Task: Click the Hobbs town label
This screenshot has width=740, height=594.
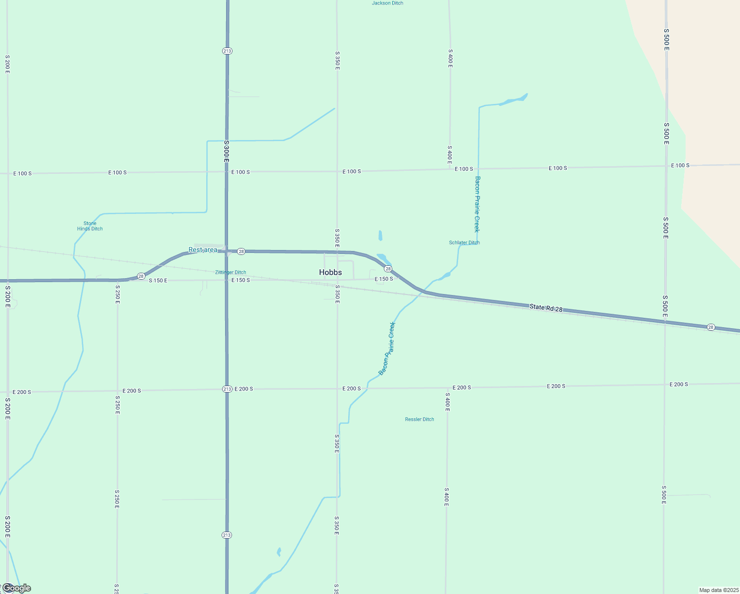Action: pyautogui.click(x=330, y=272)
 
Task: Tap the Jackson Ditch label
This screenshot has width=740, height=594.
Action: pyautogui.click(x=387, y=3)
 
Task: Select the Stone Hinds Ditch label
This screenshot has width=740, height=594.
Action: pyautogui.click(x=90, y=226)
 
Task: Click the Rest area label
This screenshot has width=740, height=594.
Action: pyautogui.click(x=203, y=250)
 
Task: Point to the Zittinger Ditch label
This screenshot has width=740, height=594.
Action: pyautogui.click(x=231, y=272)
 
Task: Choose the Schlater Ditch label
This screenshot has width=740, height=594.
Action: pyautogui.click(x=464, y=243)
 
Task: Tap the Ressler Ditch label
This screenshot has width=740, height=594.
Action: pyautogui.click(x=419, y=419)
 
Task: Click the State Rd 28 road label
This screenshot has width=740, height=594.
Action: pyautogui.click(x=546, y=308)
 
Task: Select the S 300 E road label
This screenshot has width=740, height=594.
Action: pyautogui.click(x=226, y=151)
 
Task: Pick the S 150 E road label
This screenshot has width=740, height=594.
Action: pyautogui.click(x=158, y=281)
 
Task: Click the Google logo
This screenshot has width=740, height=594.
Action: pyautogui.click(x=17, y=588)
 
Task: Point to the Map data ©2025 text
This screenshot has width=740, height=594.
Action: pyautogui.click(x=719, y=590)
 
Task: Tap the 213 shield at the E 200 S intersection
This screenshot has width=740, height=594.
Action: pyautogui.click(x=227, y=389)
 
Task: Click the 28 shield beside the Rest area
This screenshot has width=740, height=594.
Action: pyautogui.click(x=241, y=251)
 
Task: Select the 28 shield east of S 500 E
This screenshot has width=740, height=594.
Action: pyautogui.click(x=711, y=327)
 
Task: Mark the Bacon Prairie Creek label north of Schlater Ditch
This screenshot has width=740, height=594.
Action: pyautogui.click(x=477, y=204)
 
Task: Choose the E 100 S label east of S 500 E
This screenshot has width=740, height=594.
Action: pyautogui.click(x=680, y=165)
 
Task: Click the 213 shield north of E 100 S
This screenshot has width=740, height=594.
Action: pyautogui.click(x=227, y=51)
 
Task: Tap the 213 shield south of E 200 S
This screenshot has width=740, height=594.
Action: pyautogui.click(x=227, y=535)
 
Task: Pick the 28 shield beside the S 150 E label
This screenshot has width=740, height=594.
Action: pyautogui.click(x=141, y=276)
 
